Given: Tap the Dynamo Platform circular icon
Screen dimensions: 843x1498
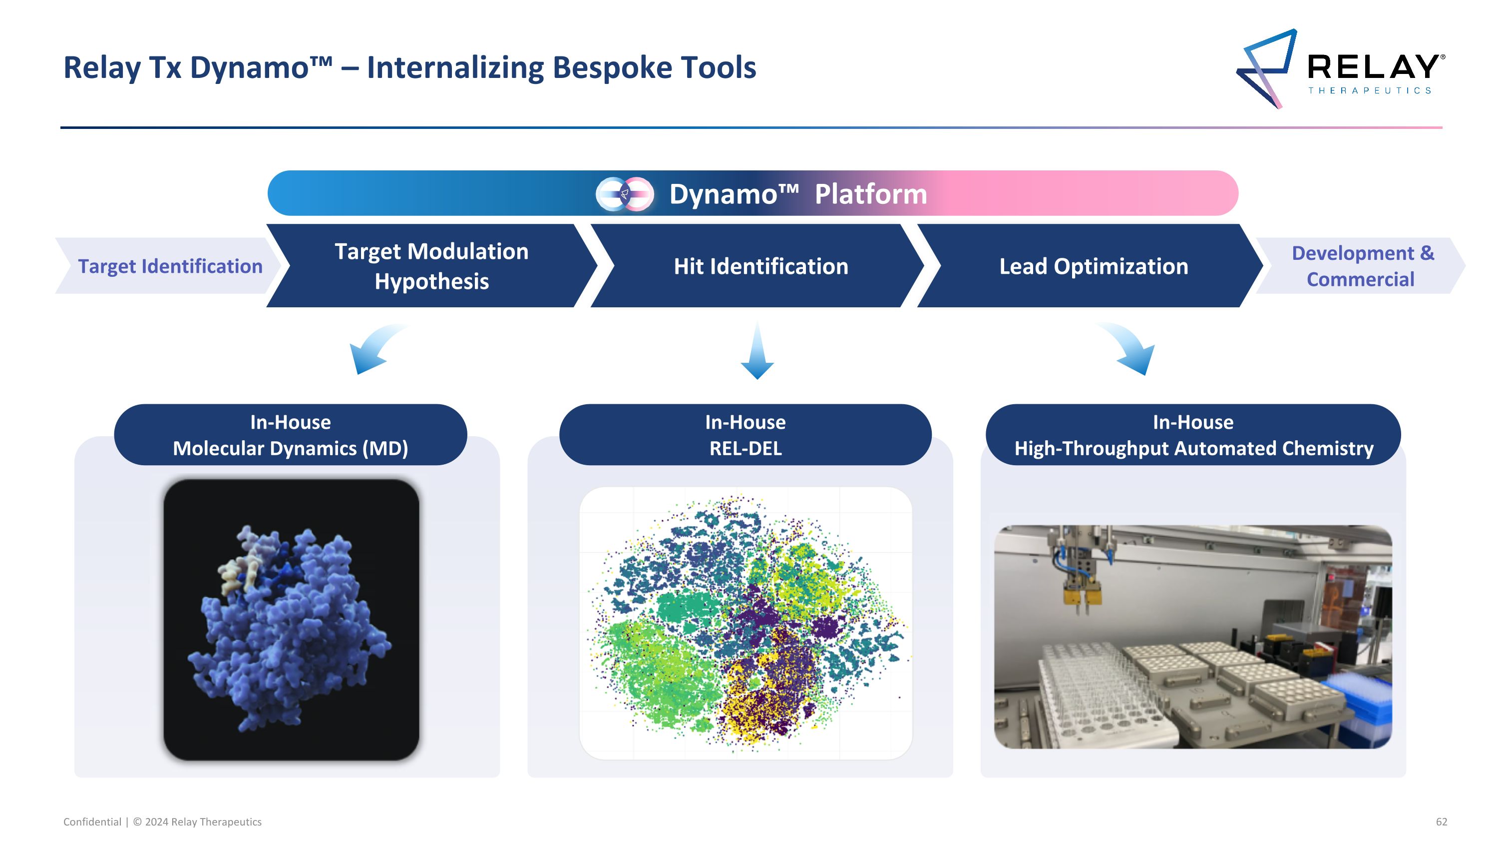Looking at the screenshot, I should [625, 194].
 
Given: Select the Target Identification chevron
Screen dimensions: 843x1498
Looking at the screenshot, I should [169, 266].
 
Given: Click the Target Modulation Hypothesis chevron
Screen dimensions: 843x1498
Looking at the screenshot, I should [431, 266].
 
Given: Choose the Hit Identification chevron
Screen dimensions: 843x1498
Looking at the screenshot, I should [760, 266].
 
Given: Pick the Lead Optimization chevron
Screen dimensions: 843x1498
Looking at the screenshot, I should [1093, 266].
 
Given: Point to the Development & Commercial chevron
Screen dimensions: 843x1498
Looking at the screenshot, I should [1362, 266].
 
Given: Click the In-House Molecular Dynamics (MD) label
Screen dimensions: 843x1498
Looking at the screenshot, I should [290, 435].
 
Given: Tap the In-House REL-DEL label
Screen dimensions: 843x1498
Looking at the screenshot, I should [745, 435].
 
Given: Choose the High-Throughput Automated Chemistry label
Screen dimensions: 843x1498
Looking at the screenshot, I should [1193, 435].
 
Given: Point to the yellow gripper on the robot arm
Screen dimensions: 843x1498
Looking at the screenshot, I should [1082, 596].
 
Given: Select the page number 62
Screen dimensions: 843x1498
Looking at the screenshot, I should [1441, 822].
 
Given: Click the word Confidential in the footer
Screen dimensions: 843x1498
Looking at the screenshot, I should [92, 822].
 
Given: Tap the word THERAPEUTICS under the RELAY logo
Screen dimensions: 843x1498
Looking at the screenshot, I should [1370, 90].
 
